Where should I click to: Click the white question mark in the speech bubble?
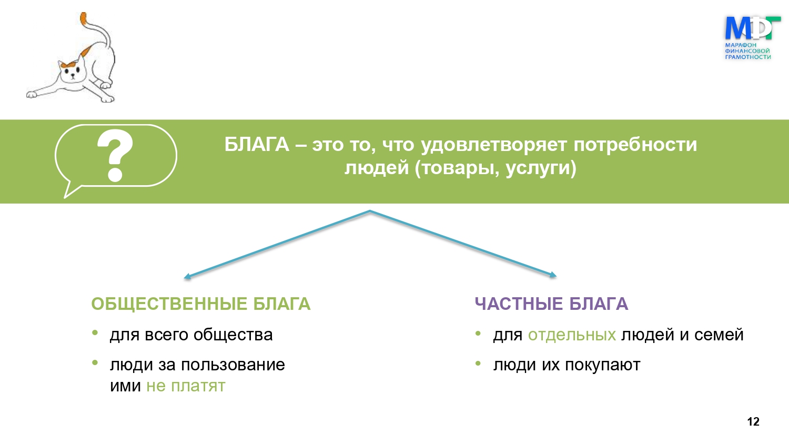tap(115, 156)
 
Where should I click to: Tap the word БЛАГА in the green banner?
tap(257, 145)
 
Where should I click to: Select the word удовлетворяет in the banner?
tap(494, 145)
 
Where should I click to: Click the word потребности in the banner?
tap(635, 145)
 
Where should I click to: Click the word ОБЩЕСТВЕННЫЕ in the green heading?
tap(169, 304)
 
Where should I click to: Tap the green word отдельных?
tap(572, 335)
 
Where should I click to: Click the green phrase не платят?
tap(186, 386)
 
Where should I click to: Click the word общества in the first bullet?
tap(233, 335)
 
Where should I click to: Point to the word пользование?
tap(233, 365)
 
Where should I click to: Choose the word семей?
tap(719, 335)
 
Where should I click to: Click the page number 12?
tap(753, 421)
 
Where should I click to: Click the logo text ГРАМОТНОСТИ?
tap(748, 57)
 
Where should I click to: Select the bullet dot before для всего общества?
tap(95, 332)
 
